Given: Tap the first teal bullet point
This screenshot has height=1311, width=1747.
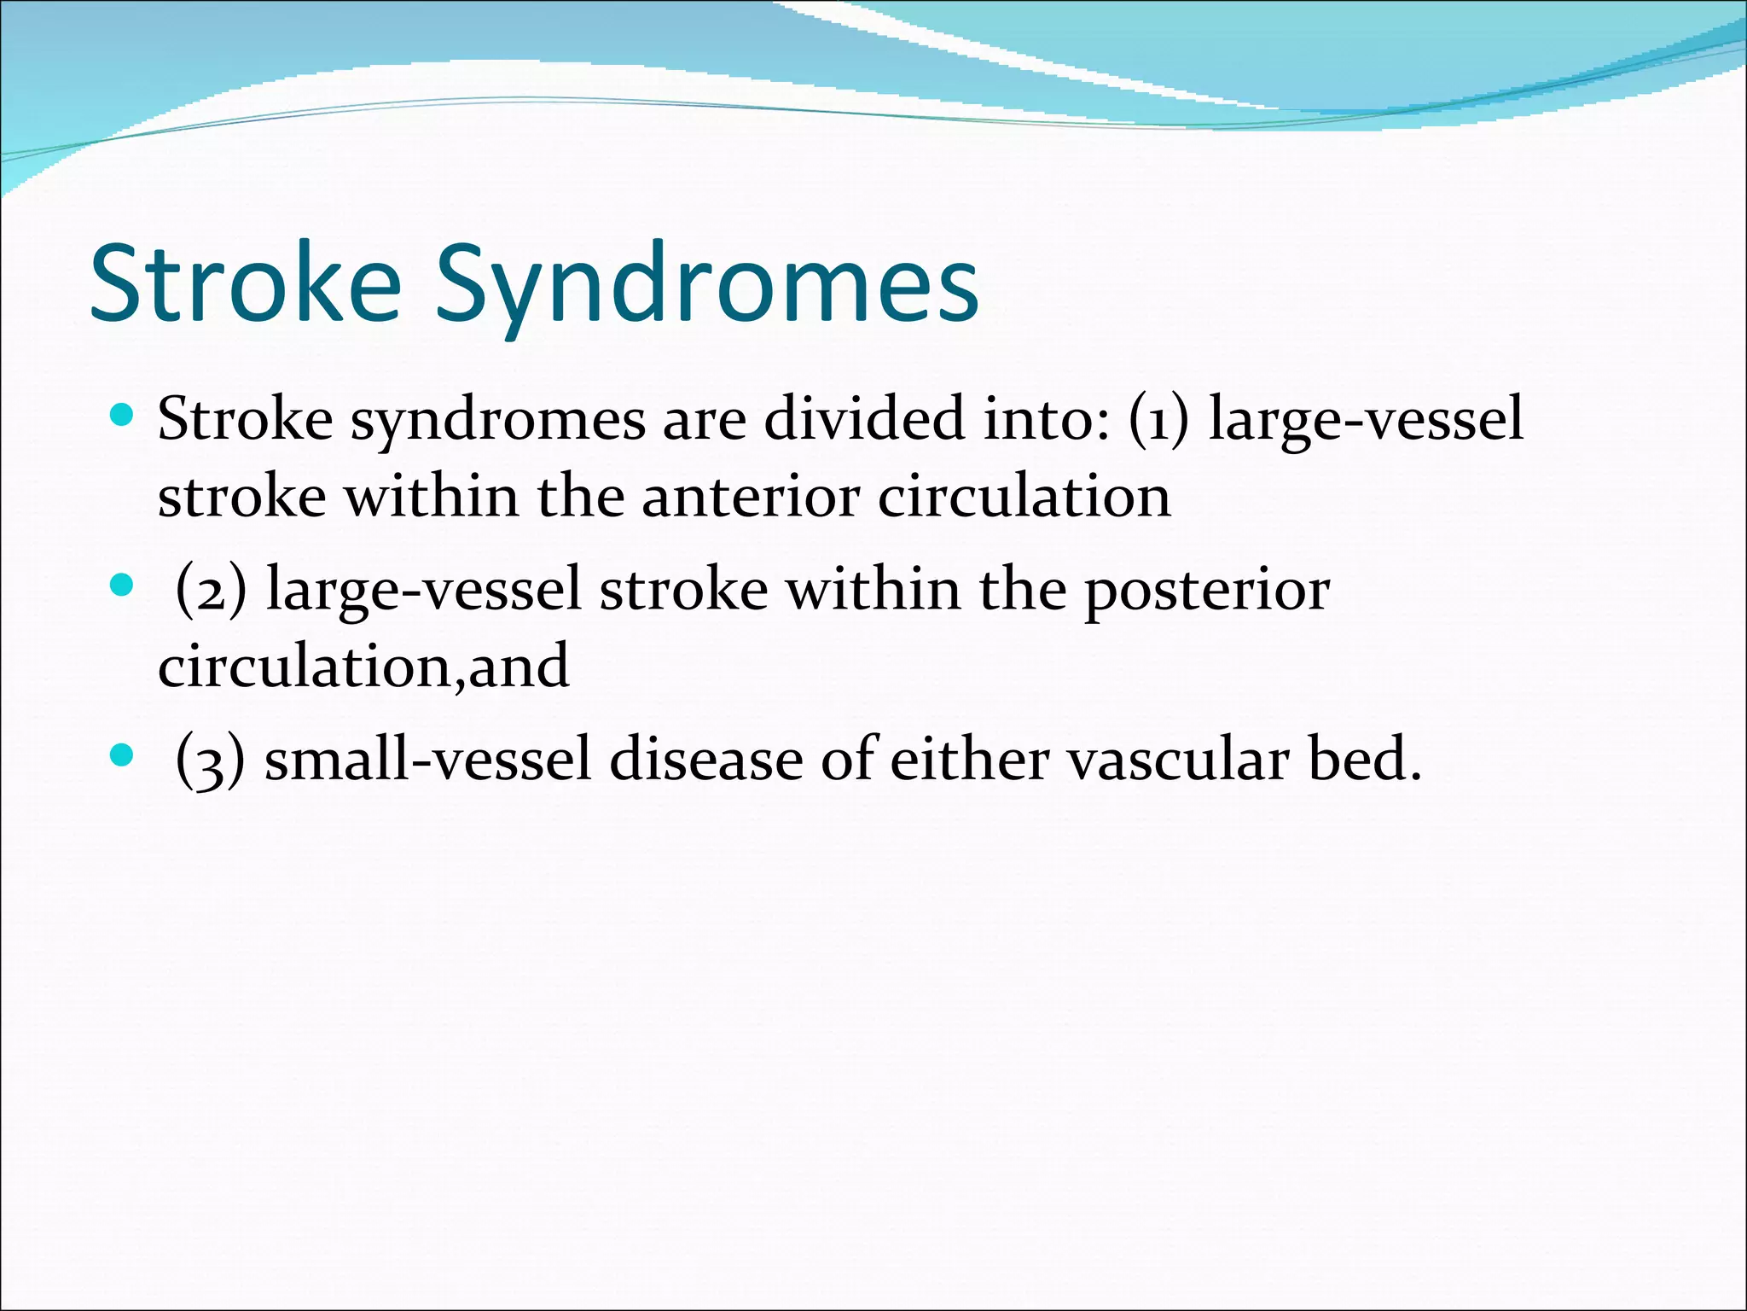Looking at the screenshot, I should tap(123, 416).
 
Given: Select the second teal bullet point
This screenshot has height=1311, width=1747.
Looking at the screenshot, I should tap(123, 586).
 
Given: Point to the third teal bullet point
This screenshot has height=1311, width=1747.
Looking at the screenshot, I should tap(123, 755).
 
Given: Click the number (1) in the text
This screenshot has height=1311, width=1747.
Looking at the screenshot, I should tap(1158, 420).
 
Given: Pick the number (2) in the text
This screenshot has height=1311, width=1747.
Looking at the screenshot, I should tap(211, 590).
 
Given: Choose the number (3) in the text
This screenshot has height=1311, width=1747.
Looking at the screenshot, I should tap(210, 760).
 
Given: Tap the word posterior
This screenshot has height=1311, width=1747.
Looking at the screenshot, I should tap(1206, 591).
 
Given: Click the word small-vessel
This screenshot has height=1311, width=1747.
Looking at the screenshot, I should tap(427, 760).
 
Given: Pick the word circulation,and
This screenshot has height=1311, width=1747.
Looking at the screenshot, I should tap(363, 667).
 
